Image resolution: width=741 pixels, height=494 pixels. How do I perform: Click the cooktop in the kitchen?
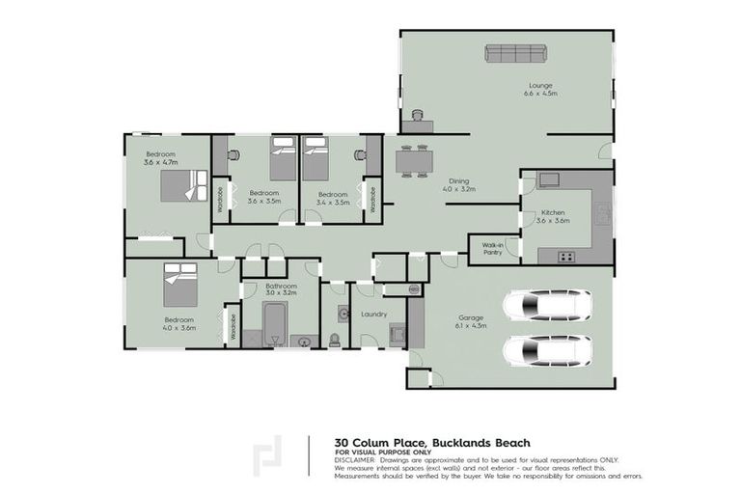pyautogui.click(x=566, y=256)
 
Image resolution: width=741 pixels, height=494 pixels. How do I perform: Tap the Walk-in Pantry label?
pyautogui.click(x=492, y=249)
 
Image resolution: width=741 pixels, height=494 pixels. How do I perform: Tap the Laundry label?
pyautogui.click(x=372, y=314)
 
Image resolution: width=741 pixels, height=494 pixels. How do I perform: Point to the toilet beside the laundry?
pyautogui.click(x=335, y=339)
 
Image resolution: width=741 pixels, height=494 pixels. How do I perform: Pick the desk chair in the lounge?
pyautogui.click(x=417, y=116)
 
